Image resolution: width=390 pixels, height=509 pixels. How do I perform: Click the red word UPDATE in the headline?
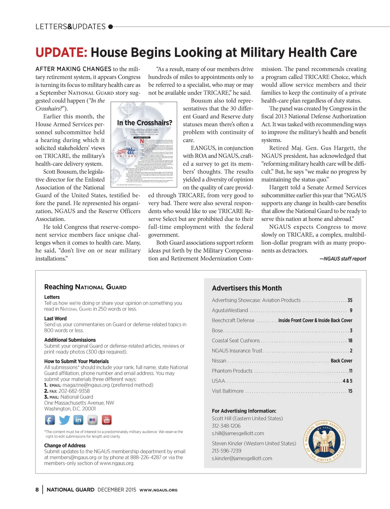[61, 53]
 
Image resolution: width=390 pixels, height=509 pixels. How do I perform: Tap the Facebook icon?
[50, 420]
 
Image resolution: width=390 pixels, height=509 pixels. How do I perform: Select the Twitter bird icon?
[64, 420]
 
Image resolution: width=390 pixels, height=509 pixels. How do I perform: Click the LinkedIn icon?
[78, 420]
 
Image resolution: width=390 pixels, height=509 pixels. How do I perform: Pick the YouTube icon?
[107, 420]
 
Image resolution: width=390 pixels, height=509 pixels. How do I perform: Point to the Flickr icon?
[93, 420]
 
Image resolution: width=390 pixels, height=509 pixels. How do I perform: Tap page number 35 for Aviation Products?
[350, 300]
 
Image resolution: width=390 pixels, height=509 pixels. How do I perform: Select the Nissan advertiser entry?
[219, 361]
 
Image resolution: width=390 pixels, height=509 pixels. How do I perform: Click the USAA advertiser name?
[218, 381]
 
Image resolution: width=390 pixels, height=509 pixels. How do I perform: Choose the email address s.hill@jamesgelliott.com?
[238, 433]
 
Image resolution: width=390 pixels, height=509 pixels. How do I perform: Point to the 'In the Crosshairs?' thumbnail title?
[144, 123]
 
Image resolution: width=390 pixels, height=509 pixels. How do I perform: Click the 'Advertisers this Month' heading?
[247, 288]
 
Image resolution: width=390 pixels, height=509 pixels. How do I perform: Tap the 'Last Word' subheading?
[55, 319]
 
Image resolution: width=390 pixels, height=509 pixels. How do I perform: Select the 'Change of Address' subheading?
[65, 445]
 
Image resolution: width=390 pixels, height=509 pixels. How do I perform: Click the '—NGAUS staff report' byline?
[343, 259]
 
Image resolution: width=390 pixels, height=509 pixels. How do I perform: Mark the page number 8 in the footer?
[37, 490]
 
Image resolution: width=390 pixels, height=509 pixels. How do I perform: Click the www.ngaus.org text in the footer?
[158, 490]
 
